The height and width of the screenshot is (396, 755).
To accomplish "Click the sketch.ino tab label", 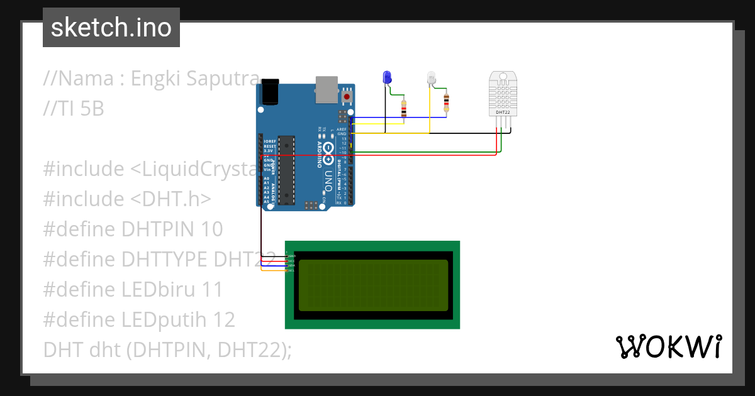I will click(x=111, y=28).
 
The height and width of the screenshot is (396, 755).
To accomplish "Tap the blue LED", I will click(x=387, y=77).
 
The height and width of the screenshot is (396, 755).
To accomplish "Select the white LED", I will click(x=432, y=79).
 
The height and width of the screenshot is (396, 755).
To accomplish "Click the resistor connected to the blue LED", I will click(x=403, y=109).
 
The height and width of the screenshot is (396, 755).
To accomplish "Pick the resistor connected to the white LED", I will click(x=446, y=102).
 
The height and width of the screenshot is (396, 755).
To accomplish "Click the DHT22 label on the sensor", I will click(x=503, y=113).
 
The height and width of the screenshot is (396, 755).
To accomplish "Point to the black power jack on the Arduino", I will click(x=270, y=91).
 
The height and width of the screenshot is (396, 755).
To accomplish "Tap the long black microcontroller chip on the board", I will click(x=286, y=169).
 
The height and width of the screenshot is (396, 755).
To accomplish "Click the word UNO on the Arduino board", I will click(x=328, y=182).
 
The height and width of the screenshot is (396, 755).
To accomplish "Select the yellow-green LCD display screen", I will click(x=373, y=285).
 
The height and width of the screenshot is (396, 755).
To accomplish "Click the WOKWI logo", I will click(x=668, y=347).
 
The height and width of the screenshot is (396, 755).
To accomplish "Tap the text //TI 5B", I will click(x=73, y=109).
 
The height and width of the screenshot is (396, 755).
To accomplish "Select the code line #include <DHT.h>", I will click(x=126, y=199).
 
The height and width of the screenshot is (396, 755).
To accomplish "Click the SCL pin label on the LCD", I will click(x=290, y=270).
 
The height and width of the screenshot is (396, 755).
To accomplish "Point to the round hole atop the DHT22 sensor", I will click(x=503, y=79).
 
